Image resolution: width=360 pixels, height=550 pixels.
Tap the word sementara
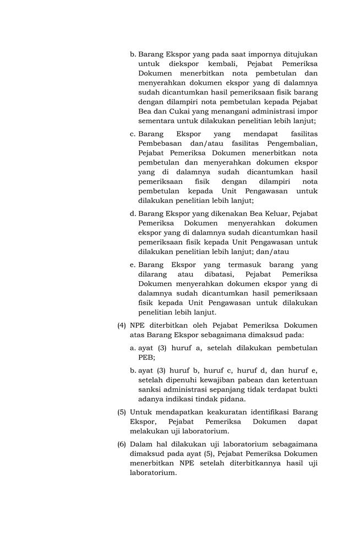coord(157,120)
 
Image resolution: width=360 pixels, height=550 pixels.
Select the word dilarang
coord(154,273)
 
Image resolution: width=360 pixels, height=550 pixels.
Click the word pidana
coord(231,399)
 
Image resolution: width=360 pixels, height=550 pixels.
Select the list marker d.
coord(133,213)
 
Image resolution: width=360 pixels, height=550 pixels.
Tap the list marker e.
coord(133,264)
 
